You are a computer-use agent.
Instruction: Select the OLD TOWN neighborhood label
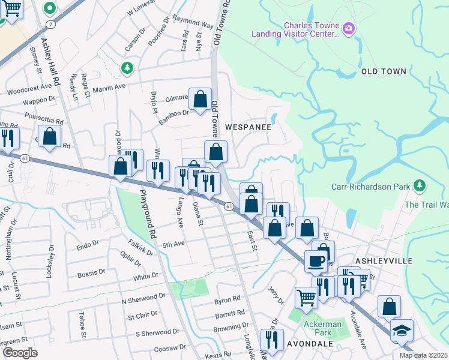[x=384, y=71]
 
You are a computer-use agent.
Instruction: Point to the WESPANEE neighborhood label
[x=248, y=127]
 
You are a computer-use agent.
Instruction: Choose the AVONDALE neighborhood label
[x=310, y=344]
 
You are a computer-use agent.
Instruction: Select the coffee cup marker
[x=316, y=262]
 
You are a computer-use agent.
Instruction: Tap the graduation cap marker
[x=401, y=331]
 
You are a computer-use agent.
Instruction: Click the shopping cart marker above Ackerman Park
[x=306, y=297]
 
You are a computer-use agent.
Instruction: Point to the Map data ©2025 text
[x=423, y=356]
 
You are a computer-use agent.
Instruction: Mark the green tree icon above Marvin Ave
[x=127, y=68]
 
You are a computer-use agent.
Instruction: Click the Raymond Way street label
[x=193, y=22]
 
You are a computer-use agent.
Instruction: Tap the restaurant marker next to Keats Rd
[x=272, y=340]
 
